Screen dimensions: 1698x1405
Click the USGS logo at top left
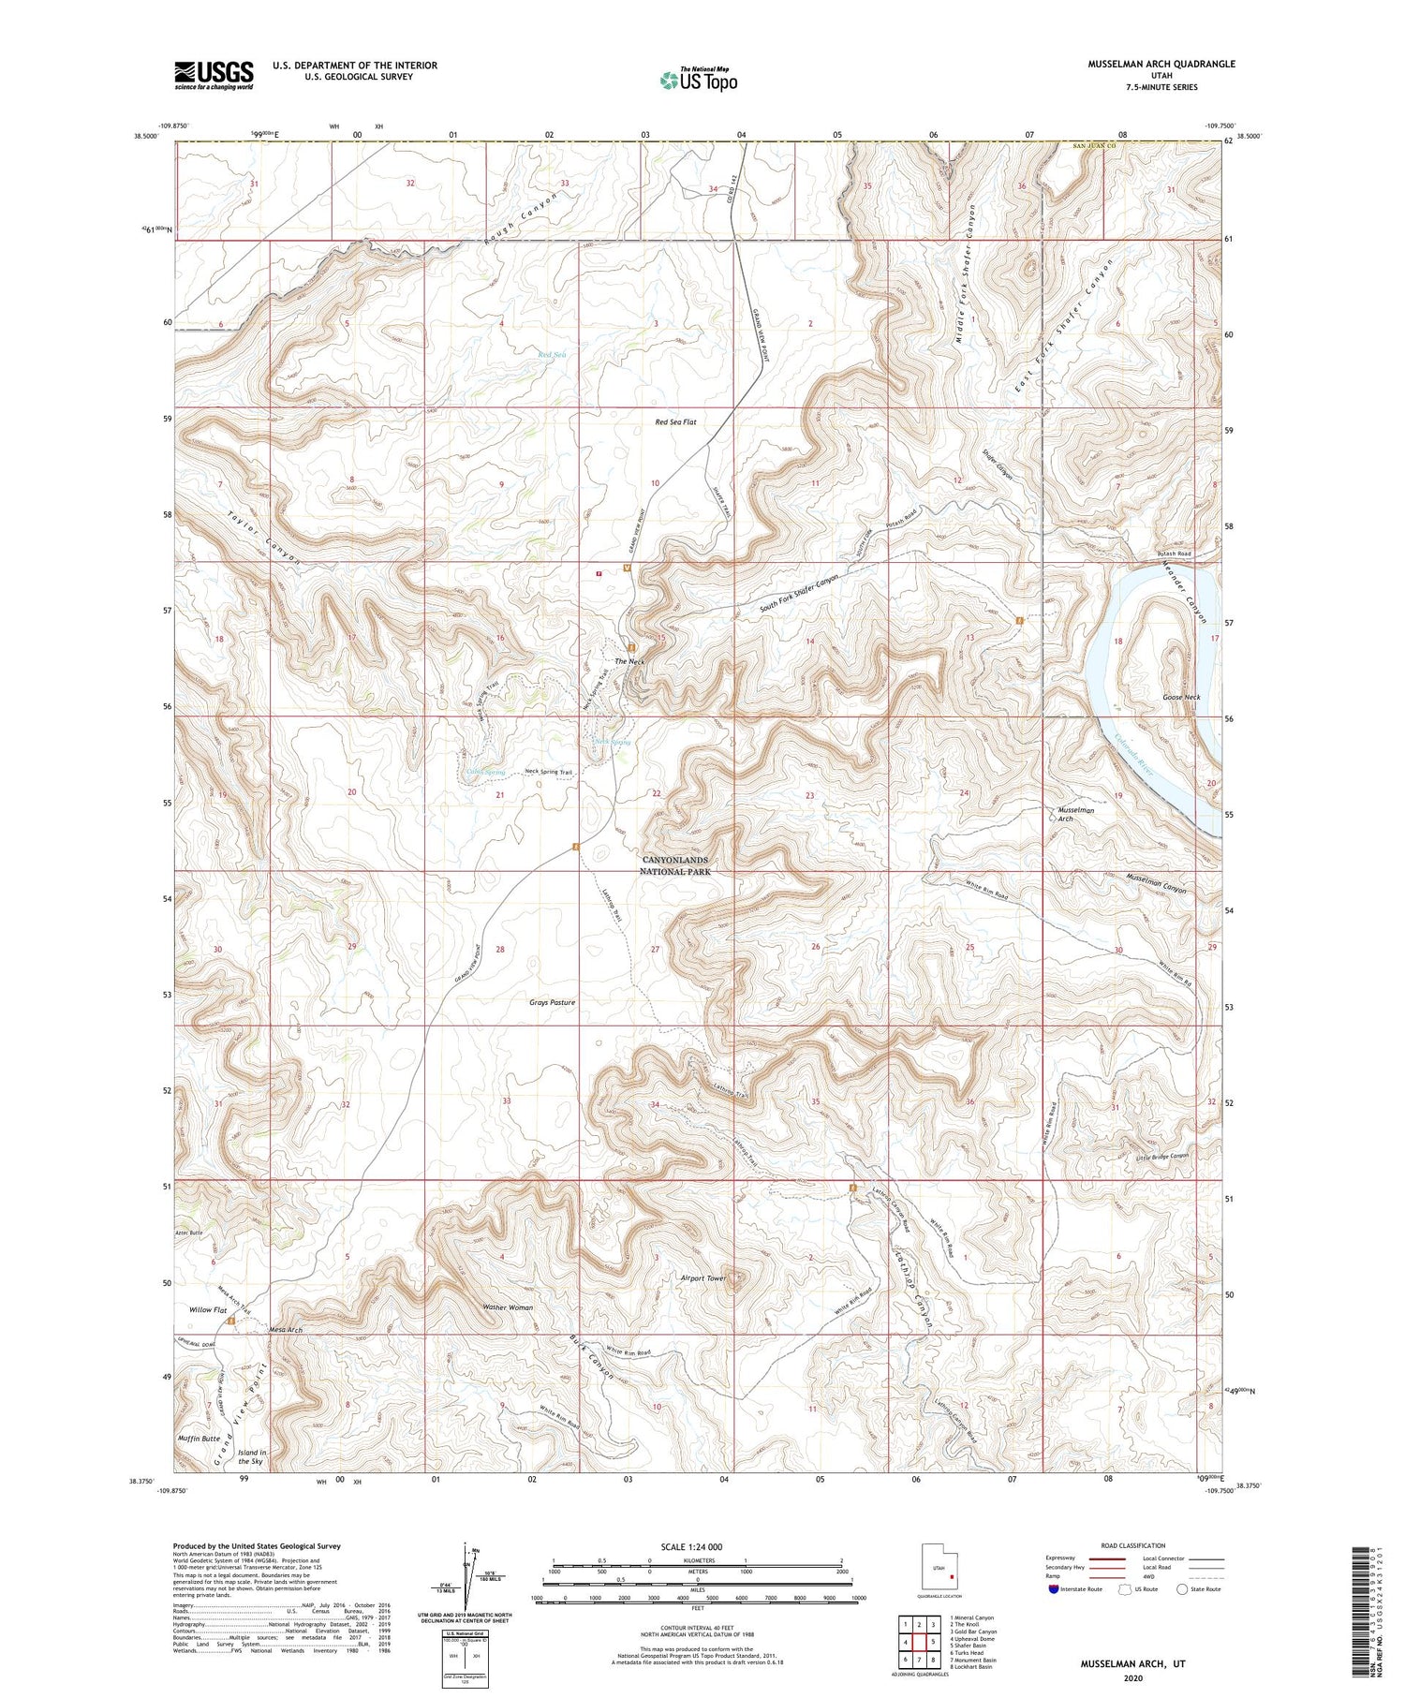[x=214, y=75]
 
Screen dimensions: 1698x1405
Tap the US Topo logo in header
[x=699, y=80]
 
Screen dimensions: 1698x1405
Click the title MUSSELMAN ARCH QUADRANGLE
[x=1148, y=64]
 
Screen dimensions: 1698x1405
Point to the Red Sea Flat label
[x=675, y=422]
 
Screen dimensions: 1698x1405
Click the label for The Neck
[x=629, y=662]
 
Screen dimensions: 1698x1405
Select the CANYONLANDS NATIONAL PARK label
[x=674, y=865]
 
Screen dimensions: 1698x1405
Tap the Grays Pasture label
[x=552, y=1002]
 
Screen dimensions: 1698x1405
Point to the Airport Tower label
[x=703, y=1278]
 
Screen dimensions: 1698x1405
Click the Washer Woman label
[x=508, y=1307]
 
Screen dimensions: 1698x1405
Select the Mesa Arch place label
[x=286, y=1330]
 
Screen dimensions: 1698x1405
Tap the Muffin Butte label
[x=199, y=1438]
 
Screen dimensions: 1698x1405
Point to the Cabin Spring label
[x=485, y=773]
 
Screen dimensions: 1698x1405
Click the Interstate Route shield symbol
[x=1056, y=1589]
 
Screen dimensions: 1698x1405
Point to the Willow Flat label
[x=208, y=1309]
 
